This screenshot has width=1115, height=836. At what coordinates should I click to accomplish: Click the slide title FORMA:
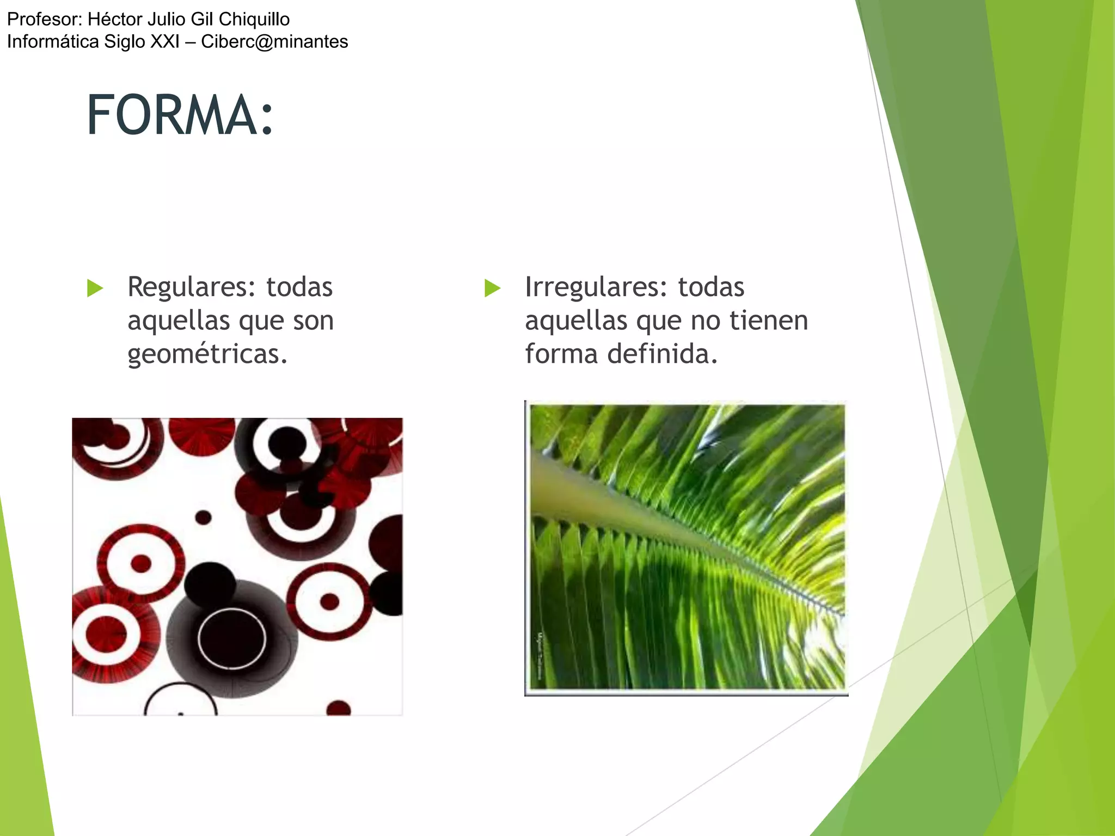tap(180, 115)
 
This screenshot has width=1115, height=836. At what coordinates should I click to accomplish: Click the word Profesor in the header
tap(44, 20)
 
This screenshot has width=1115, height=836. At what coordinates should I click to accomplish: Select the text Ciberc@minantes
tap(274, 42)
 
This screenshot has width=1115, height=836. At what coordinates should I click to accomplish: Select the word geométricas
tap(207, 354)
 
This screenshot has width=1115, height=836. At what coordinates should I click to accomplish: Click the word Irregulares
tap(596, 287)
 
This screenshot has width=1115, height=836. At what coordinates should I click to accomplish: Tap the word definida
tap(662, 354)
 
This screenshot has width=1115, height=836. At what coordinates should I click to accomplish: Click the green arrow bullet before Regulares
tap(95, 288)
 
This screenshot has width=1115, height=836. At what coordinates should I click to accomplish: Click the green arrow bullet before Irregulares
tap(492, 288)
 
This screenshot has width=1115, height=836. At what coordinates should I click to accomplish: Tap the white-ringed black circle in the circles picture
tap(232, 638)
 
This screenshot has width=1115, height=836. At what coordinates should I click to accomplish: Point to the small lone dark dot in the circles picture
tap(203, 517)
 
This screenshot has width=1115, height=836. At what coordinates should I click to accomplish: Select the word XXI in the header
tap(165, 42)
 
